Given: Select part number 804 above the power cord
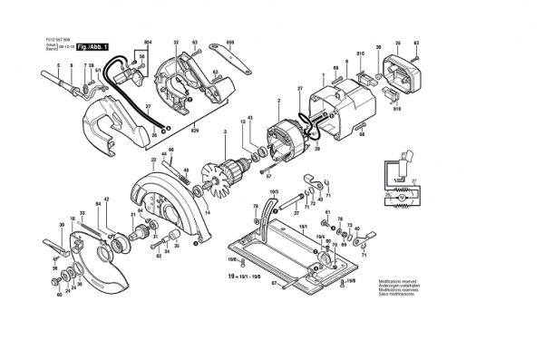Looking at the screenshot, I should [148, 43].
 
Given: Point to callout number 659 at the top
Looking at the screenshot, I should [230, 43].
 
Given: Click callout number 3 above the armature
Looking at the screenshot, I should [225, 132].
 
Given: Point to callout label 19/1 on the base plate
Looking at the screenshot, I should [305, 225].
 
